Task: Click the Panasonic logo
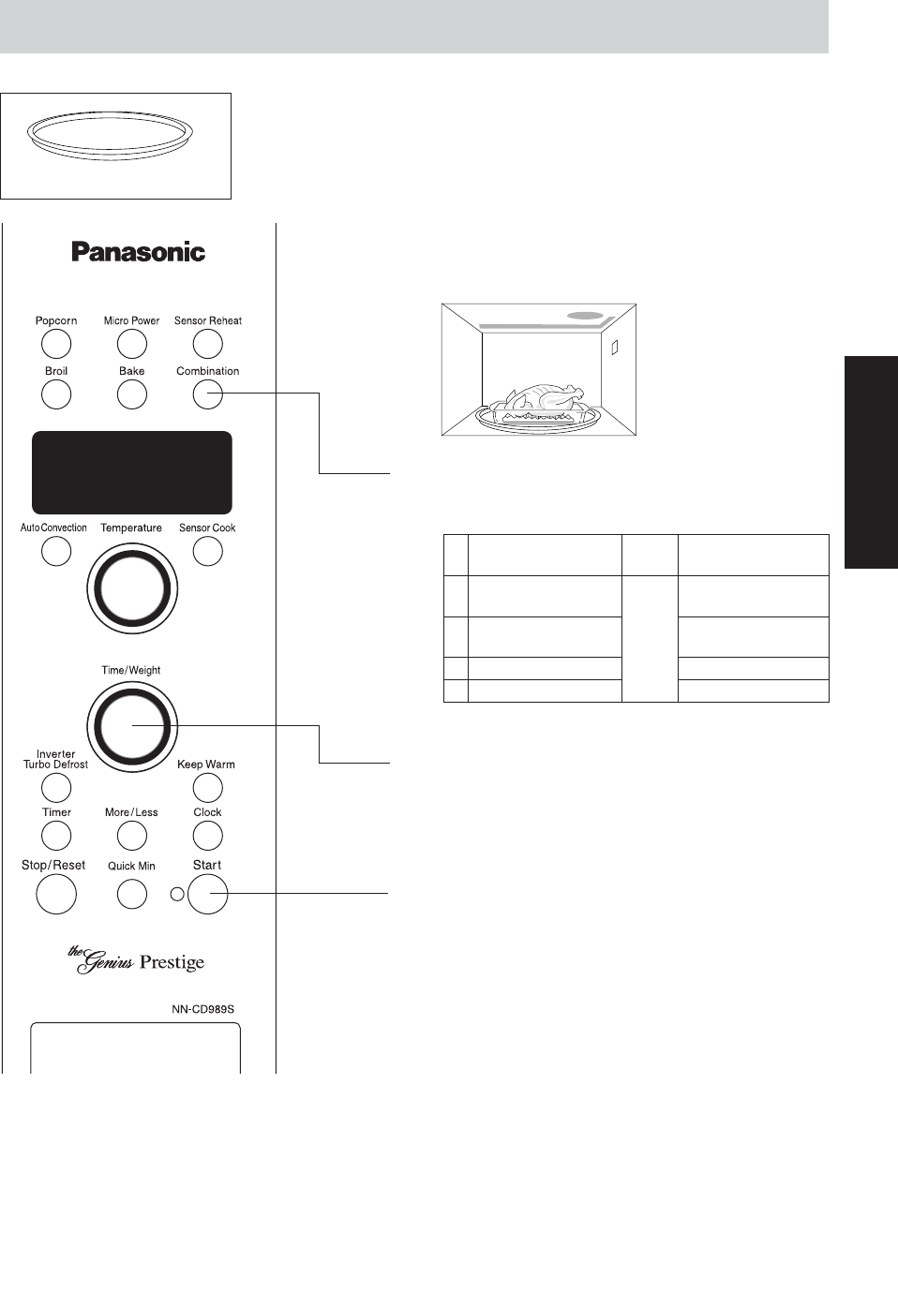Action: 139,252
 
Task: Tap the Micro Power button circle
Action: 132,345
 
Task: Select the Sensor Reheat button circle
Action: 207,345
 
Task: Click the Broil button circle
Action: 56,394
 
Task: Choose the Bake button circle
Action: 132,394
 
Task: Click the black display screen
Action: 132,472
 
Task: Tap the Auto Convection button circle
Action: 56,551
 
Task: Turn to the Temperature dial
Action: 132,589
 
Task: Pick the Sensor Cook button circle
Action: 207,551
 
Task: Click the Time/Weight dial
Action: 132,726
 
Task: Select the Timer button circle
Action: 56,835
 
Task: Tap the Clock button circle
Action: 207,835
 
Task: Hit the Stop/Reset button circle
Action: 55,894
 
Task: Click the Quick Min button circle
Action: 132,894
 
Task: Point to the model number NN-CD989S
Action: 202,1009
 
